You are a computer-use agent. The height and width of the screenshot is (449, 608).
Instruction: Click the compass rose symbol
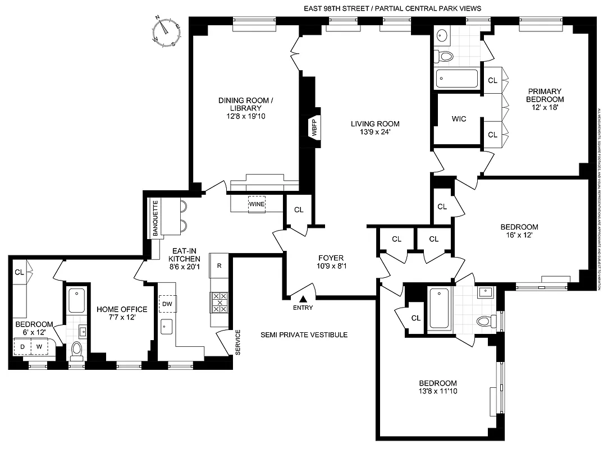tap(165, 31)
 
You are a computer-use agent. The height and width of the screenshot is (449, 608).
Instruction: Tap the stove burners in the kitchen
tap(220, 303)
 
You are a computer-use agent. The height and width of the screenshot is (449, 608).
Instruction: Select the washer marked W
tap(39, 347)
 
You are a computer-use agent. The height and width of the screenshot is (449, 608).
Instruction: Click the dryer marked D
tap(23, 347)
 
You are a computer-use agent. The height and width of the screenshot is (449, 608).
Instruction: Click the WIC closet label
tap(459, 119)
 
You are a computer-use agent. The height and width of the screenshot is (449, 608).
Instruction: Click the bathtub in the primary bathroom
tap(456, 78)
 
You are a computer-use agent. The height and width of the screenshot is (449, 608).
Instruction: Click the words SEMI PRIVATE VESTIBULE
tap(304, 335)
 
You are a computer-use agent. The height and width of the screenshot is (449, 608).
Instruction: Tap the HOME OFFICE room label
tap(122, 309)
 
